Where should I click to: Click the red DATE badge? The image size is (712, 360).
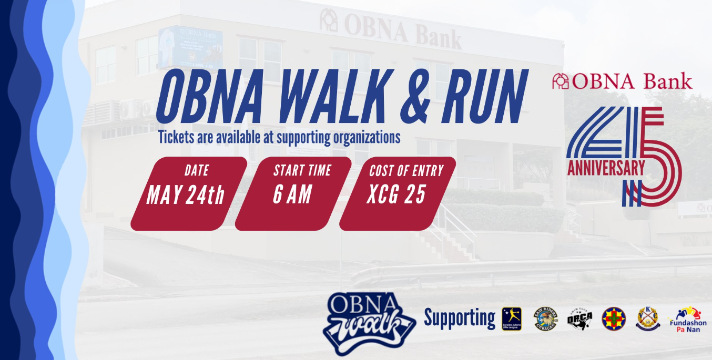point(189,193)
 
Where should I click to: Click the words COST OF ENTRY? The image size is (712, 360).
point(406,171)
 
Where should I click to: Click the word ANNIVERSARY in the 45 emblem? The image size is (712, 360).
point(606,168)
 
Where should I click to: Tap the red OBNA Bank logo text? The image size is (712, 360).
point(623,81)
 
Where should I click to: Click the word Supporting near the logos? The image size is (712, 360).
point(460,318)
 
